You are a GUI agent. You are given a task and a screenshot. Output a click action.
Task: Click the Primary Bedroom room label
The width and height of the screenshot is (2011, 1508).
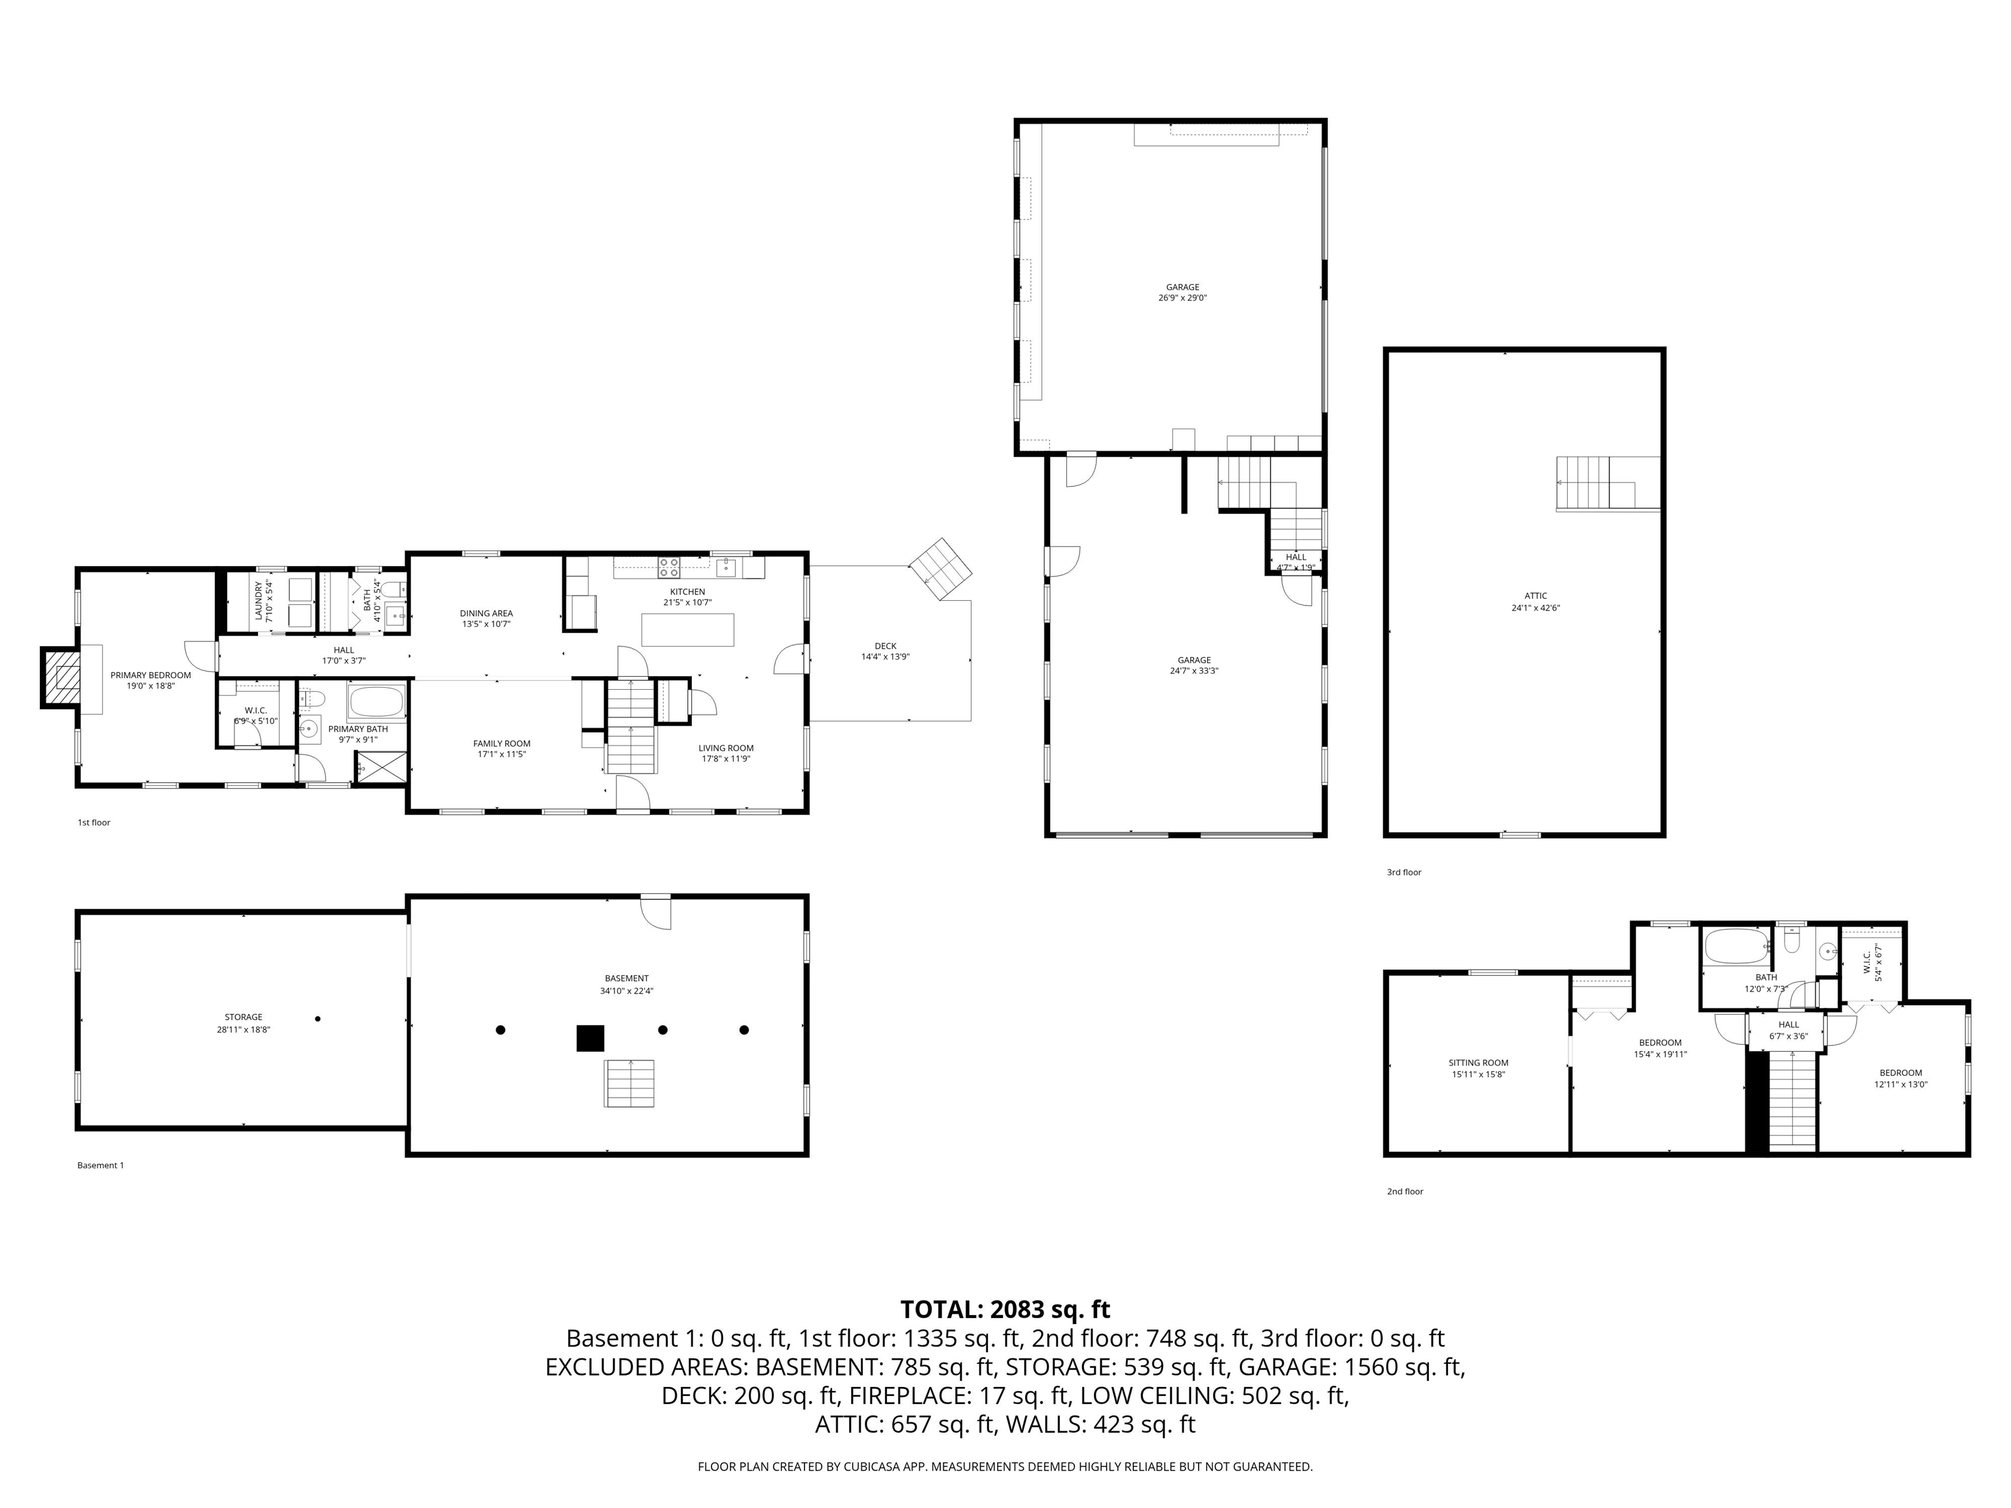pyautogui.click(x=151, y=675)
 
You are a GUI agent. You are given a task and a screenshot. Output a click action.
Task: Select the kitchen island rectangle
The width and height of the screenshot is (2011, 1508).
pyautogui.click(x=687, y=629)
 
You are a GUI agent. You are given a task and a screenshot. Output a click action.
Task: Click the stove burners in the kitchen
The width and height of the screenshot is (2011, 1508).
pyautogui.click(x=668, y=567)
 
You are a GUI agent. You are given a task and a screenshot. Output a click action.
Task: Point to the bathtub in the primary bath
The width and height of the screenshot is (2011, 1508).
pyautogui.click(x=376, y=703)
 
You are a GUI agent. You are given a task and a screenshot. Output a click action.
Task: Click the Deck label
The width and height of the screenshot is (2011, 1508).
pyautogui.click(x=884, y=646)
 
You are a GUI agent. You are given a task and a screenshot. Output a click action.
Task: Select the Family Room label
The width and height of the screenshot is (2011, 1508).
pyautogui.click(x=502, y=744)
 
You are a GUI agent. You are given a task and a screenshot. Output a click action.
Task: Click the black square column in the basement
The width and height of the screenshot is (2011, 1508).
pyautogui.click(x=590, y=1038)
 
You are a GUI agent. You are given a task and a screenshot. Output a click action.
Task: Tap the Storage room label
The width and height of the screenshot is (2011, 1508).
pyautogui.click(x=244, y=1017)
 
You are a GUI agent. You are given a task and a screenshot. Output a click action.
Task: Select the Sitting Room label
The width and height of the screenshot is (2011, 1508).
pyautogui.click(x=1478, y=1062)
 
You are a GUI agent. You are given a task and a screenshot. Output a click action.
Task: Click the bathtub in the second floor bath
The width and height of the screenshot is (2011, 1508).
pyautogui.click(x=1735, y=947)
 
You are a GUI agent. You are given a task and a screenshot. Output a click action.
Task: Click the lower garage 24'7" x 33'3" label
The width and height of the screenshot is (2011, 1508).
pyautogui.click(x=1193, y=671)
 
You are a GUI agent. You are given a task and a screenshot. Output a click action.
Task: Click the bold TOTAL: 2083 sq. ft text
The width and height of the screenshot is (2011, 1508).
pyautogui.click(x=1005, y=1309)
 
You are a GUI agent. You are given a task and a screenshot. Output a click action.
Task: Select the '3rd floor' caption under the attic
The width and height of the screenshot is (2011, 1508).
pyautogui.click(x=1404, y=872)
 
